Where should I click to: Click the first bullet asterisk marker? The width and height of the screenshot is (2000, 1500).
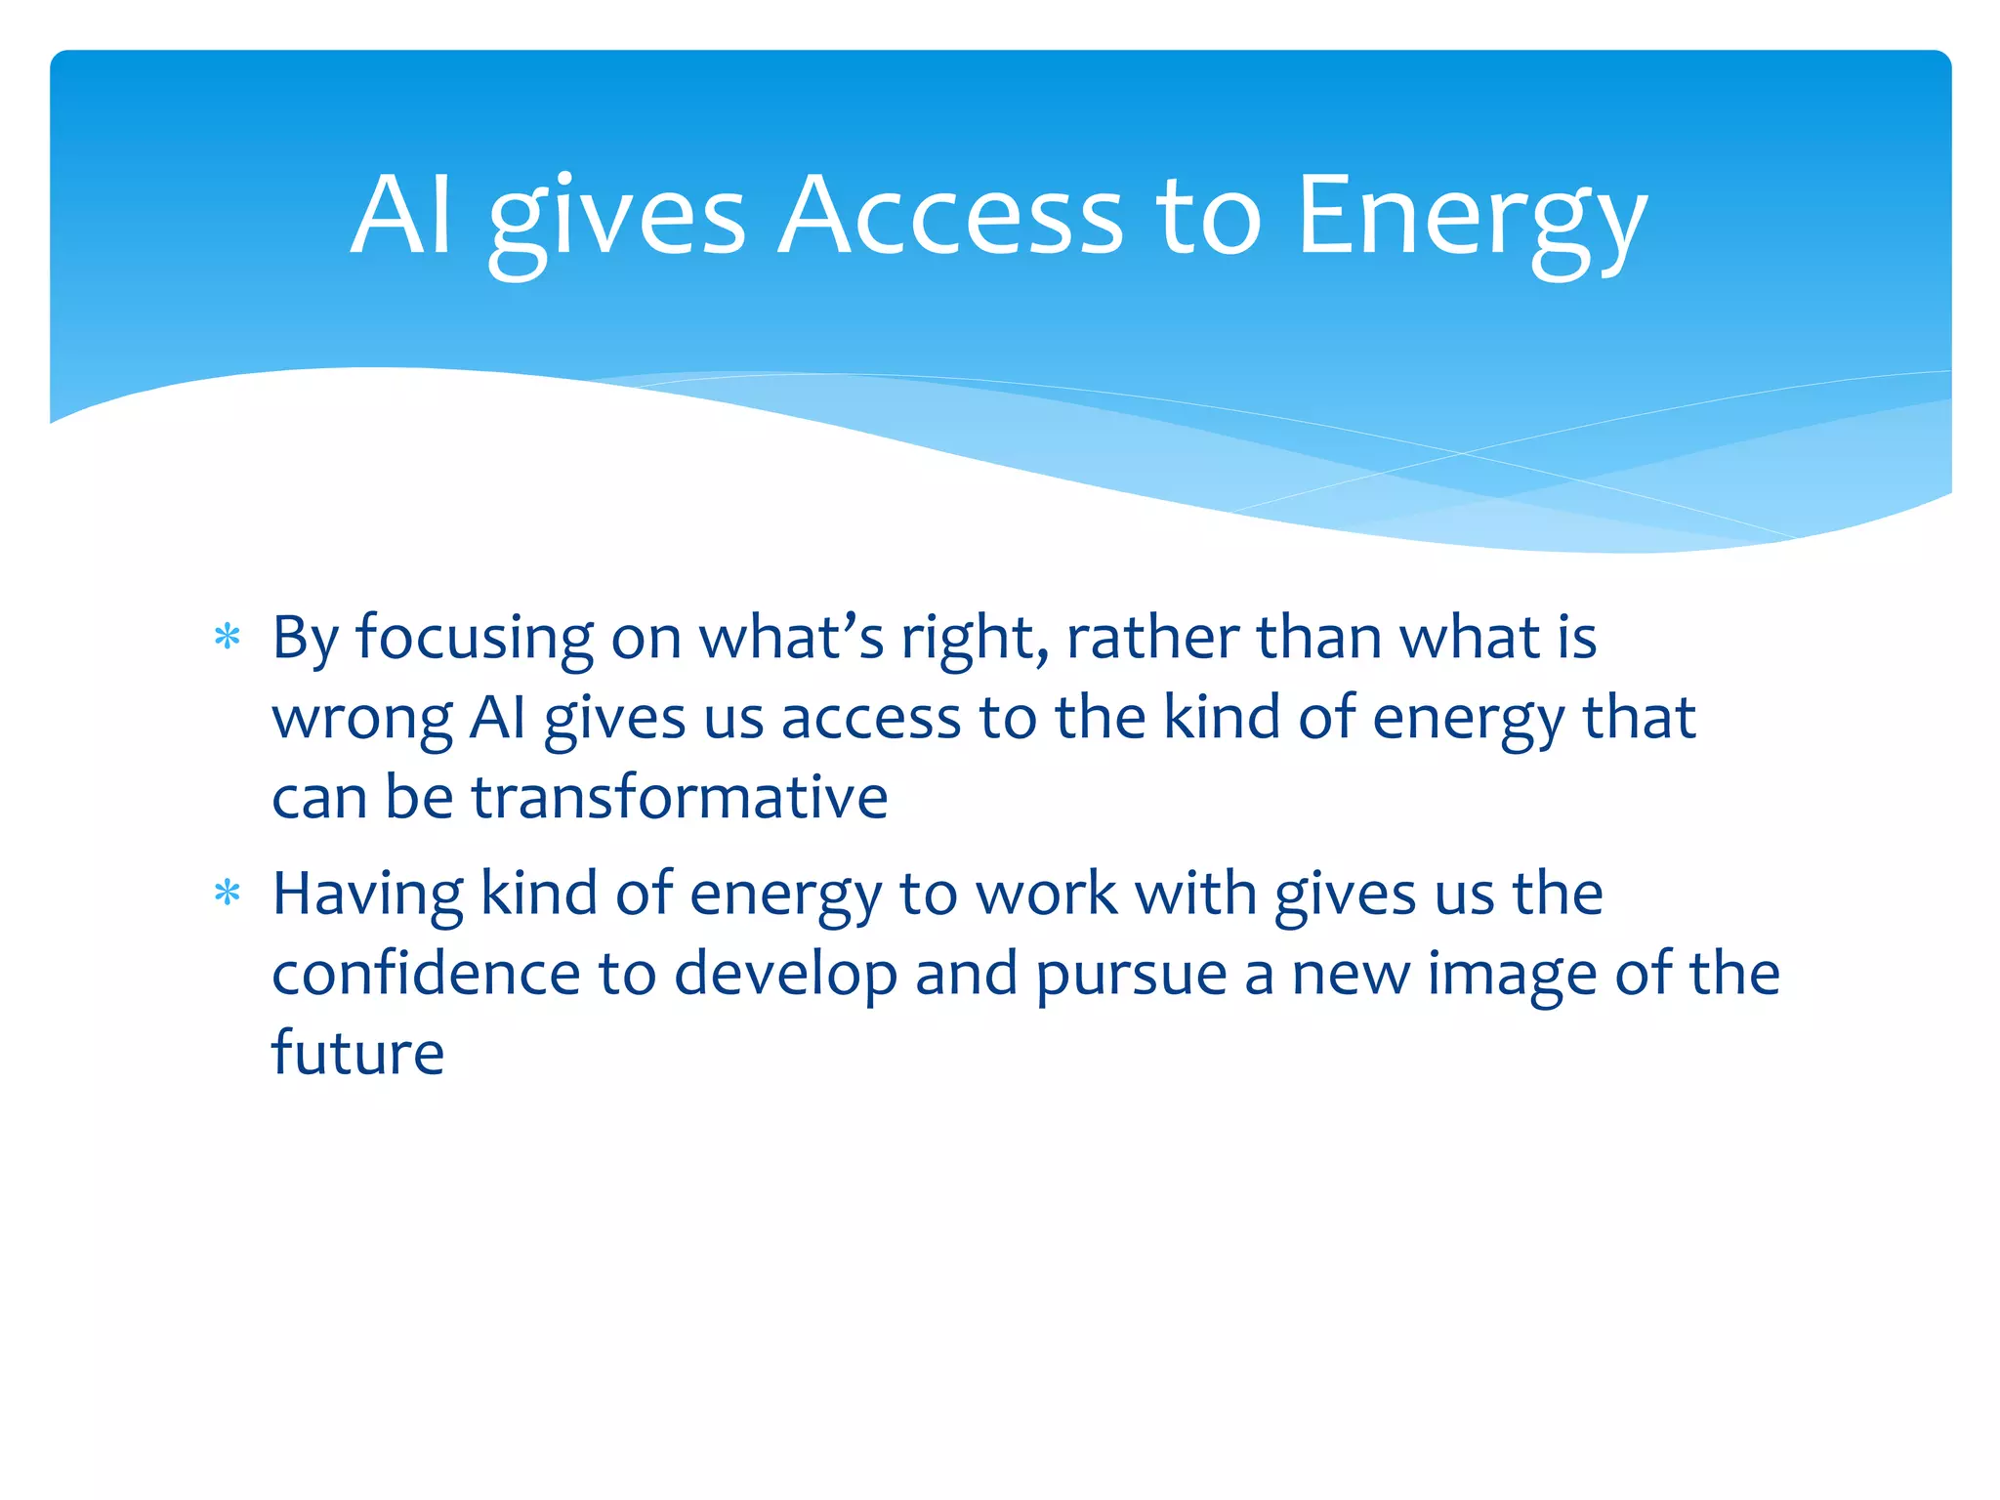[x=228, y=638]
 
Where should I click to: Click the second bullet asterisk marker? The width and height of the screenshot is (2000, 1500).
[x=228, y=894]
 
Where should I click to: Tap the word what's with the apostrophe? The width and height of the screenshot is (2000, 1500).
[x=791, y=638]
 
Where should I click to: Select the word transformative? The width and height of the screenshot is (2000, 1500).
[x=680, y=797]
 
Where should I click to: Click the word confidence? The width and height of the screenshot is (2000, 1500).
[x=426, y=974]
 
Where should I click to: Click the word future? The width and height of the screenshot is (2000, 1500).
[x=357, y=1054]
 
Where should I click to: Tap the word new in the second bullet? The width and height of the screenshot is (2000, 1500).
[x=1351, y=975]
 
